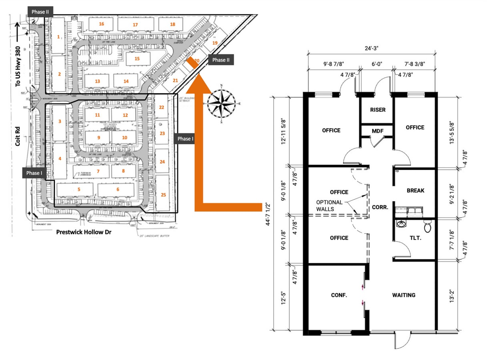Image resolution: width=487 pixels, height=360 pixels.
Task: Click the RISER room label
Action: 378,110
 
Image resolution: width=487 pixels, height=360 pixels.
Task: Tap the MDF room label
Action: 378,131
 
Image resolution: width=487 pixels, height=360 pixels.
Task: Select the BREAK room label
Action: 415,190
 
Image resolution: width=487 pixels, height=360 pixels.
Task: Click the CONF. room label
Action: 339,295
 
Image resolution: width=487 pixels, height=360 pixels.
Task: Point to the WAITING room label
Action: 403,295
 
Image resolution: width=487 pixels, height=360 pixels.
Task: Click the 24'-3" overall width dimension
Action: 372,48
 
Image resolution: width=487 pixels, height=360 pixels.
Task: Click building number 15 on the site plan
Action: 137,59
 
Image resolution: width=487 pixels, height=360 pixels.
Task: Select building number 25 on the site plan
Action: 163,195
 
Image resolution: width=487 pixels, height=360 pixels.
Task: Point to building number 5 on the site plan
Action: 79,189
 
